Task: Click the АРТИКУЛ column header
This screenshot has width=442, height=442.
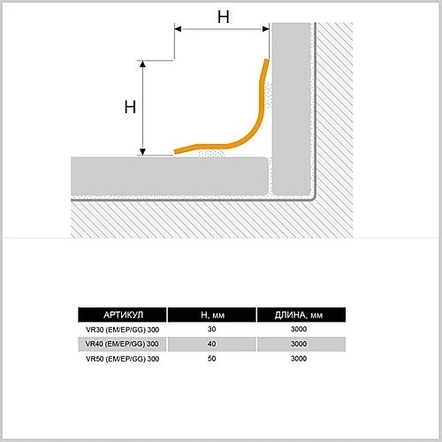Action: [x=123, y=315]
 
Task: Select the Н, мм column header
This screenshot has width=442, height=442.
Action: [x=212, y=316]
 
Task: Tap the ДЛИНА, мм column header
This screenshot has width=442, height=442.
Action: [x=299, y=316]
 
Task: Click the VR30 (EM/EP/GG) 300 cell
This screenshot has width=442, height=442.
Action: [x=122, y=330]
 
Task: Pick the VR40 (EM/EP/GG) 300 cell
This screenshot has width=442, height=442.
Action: [x=122, y=344]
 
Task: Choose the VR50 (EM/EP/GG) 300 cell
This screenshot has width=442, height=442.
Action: [x=122, y=359]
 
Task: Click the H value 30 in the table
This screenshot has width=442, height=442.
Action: [x=211, y=329]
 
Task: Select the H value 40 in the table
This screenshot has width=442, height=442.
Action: [x=211, y=344]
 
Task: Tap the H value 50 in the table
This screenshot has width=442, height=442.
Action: [x=211, y=359]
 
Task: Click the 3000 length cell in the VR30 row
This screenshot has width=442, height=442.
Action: [x=299, y=329]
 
